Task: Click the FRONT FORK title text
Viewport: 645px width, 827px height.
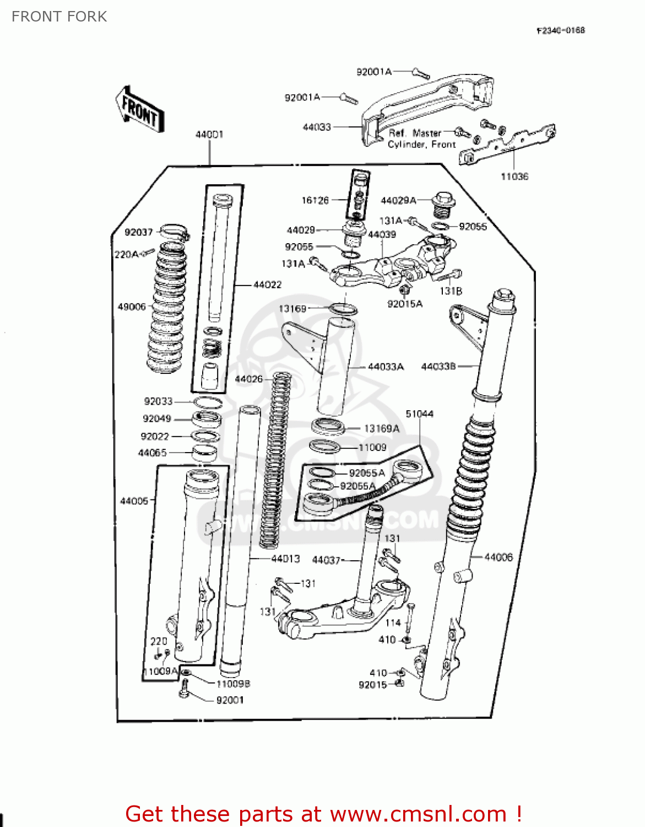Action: tap(59, 17)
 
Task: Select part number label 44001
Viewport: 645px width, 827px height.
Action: tap(209, 135)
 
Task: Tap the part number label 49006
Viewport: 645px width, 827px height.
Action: tap(132, 307)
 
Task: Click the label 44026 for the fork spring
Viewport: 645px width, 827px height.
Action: tap(248, 379)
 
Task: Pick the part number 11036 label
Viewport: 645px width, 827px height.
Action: tap(514, 176)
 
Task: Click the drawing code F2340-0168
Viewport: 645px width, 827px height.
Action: tap(560, 30)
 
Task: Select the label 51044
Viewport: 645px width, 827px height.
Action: tap(419, 413)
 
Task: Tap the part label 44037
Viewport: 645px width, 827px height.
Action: tap(326, 560)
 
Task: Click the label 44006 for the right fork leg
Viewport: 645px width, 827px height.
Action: tap(498, 557)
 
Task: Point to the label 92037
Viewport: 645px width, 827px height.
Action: tap(138, 232)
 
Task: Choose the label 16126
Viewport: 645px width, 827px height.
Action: tap(315, 200)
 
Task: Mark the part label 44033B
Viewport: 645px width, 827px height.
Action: tap(438, 366)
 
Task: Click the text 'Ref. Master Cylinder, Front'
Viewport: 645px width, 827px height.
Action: tap(421, 138)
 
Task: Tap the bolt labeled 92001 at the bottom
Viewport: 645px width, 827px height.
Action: tap(185, 689)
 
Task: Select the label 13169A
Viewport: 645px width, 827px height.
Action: tap(381, 428)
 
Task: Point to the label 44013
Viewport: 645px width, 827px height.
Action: tap(285, 559)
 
